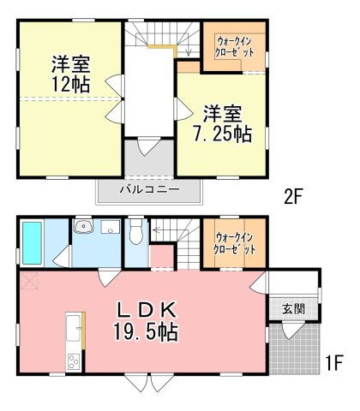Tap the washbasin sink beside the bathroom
click(84, 227)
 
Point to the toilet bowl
click(135, 230)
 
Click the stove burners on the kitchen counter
click(74, 361)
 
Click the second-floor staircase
click(161, 38)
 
